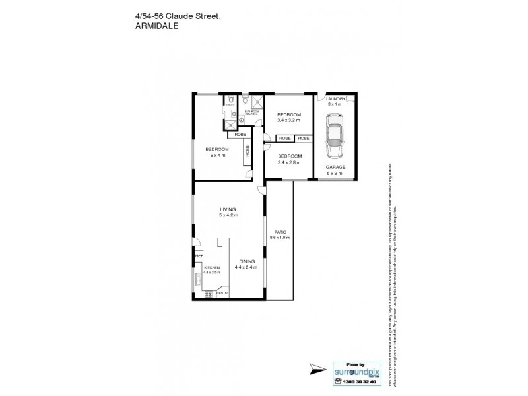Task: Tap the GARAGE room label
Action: pos(335,167)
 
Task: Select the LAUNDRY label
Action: pos(336,99)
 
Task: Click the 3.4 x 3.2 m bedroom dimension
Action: pos(288,120)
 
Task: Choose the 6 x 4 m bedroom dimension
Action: pos(217,155)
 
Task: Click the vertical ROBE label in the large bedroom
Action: pos(247,152)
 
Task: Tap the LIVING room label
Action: pos(228,209)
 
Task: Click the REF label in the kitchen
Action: pos(198,256)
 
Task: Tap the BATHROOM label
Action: pos(251,112)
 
